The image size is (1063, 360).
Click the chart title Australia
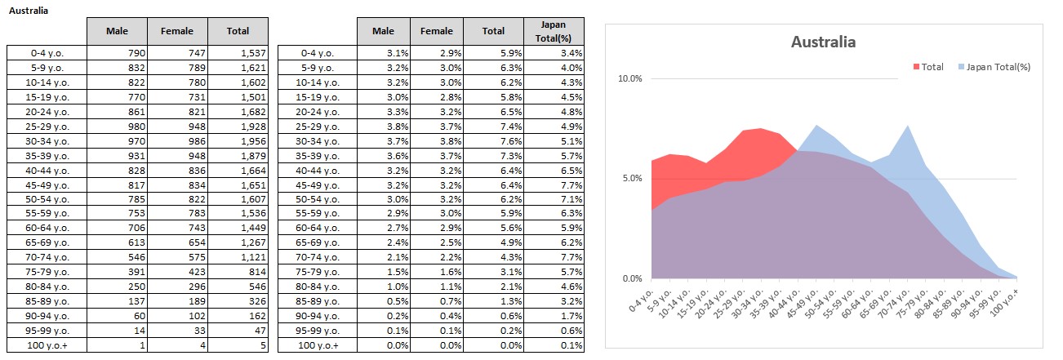pos(823,42)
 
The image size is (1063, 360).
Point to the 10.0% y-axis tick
pos(631,79)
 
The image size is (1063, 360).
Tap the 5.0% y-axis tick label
pos(634,179)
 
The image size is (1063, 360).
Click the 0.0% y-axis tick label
pos(634,279)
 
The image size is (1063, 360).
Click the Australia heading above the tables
pos(28,11)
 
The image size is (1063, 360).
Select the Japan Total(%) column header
pos(554,31)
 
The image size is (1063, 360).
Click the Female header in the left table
pos(177,31)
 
